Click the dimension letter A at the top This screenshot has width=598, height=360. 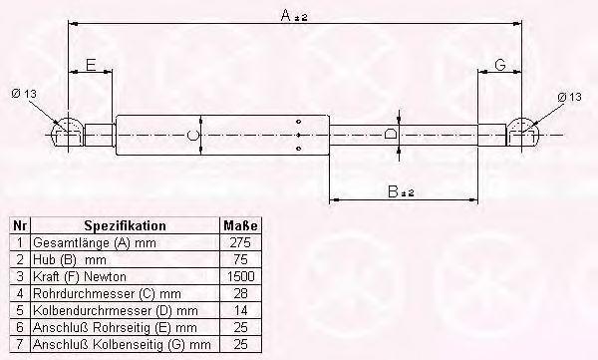pyautogui.click(x=286, y=15)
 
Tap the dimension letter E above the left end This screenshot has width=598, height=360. pyautogui.click(x=91, y=65)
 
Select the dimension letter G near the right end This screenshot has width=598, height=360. pyautogui.click(x=500, y=65)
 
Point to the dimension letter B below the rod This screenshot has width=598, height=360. pyautogui.click(x=393, y=191)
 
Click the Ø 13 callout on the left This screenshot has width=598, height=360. pyautogui.click(x=24, y=94)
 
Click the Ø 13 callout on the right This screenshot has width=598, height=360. pyautogui.click(x=569, y=97)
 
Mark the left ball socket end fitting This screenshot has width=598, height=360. pyautogui.click(x=68, y=132)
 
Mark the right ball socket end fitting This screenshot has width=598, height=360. pyautogui.click(x=521, y=132)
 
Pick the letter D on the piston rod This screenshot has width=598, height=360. pyautogui.click(x=390, y=134)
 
